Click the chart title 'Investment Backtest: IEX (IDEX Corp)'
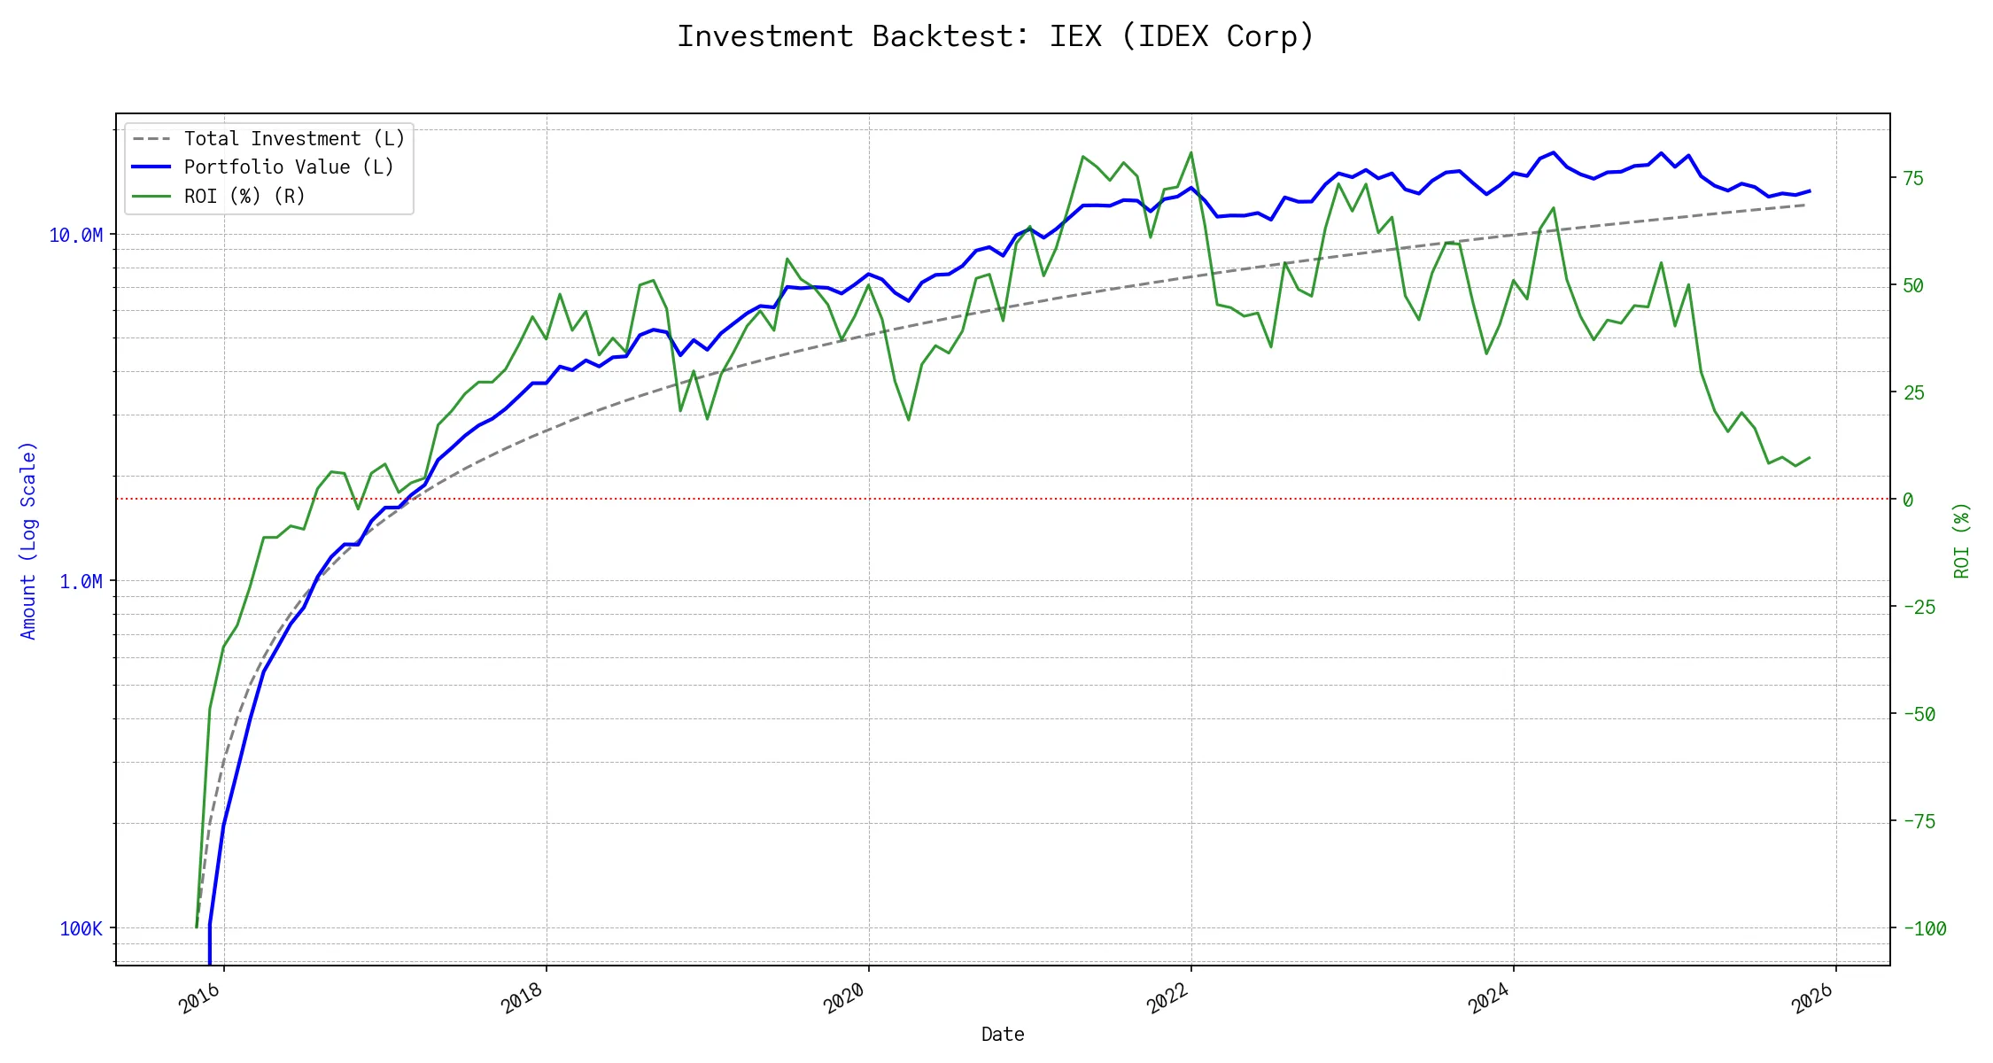(x=996, y=36)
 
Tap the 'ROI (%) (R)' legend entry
(x=244, y=196)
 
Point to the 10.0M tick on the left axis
(x=75, y=235)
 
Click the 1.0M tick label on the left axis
(x=81, y=581)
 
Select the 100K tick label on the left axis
(x=81, y=928)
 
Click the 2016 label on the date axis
(x=199, y=998)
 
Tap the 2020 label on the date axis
(x=844, y=998)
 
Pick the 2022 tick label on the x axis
(x=1167, y=998)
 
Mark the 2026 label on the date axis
(x=1811, y=998)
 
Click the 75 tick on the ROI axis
(x=1913, y=178)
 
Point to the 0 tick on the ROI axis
(x=1908, y=500)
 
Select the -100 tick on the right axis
(x=1924, y=928)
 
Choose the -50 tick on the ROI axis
(x=1919, y=714)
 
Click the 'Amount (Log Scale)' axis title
(x=28, y=540)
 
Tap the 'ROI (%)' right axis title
(x=1962, y=540)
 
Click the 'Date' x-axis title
(x=1003, y=1034)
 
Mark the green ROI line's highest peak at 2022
(x=1190, y=152)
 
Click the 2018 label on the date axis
(x=522, y=998)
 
